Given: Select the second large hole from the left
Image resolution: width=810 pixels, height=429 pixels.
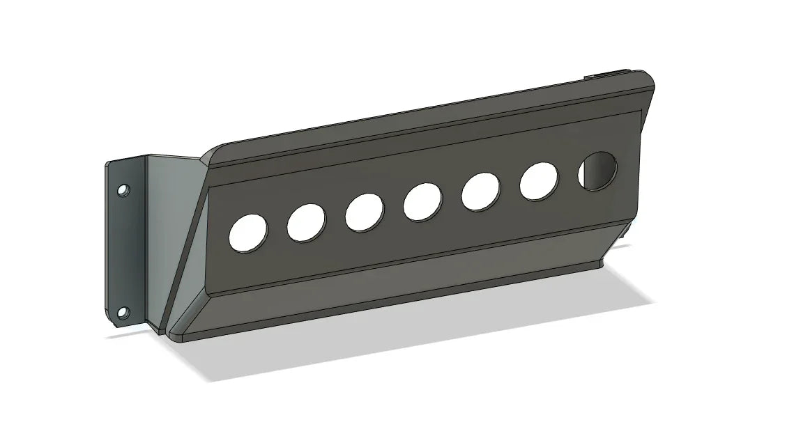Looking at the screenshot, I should point(307,223).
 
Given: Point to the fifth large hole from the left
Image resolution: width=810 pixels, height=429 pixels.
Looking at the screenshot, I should point(481,191).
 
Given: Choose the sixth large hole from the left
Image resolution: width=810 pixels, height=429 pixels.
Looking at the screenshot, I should point(539,181).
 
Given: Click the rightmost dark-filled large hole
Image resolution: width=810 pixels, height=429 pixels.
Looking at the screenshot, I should point(597,171).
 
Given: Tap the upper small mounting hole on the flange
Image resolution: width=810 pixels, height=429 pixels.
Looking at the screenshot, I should point(123,189).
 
